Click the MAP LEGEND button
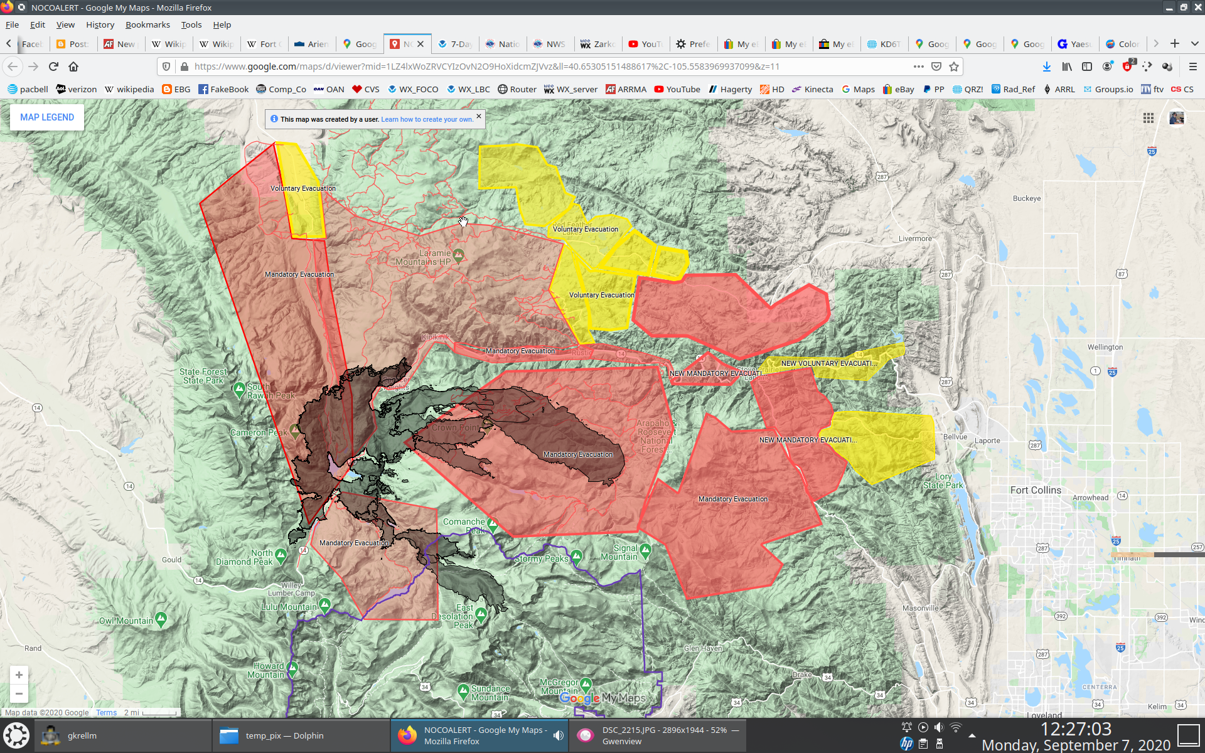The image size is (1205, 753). pyautogui.click(x=47, y=117)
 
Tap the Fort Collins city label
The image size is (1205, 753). pyautogui.click(x=1036, y=490)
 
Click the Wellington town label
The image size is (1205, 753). pyautogui.click(x=1105, y=347)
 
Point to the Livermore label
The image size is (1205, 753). pyautogui.click(x=915, y=238)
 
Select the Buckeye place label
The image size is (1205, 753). pyautogui.click(x=1026, y=198)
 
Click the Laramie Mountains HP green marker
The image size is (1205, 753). pyautogui.click(x=459, y=255)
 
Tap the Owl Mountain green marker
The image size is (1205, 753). pyautogui.click(x=161, y=619)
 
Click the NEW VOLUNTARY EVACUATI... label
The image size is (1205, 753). pyautogui.click(x=828, y=363)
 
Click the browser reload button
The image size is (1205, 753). pyautogui.click(x=53, y=67)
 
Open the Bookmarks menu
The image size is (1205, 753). pyautogui.click(x=147, y=24)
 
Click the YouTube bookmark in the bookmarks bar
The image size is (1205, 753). pyautogui.click(x=677, y=89)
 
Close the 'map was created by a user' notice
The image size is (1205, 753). pyautogui.click(x=479, y=116)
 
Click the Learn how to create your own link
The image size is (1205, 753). pyautogui.click(x=427, y=119)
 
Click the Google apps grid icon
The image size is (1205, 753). pyautogui.click(x=1148, y=118)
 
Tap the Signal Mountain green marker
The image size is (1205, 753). pyautogui.click(x=646, y=550)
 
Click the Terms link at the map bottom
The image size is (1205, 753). pyautogui.click(x=106, y=712)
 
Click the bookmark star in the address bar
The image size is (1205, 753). pyautogui.click(x=954, y=67)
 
